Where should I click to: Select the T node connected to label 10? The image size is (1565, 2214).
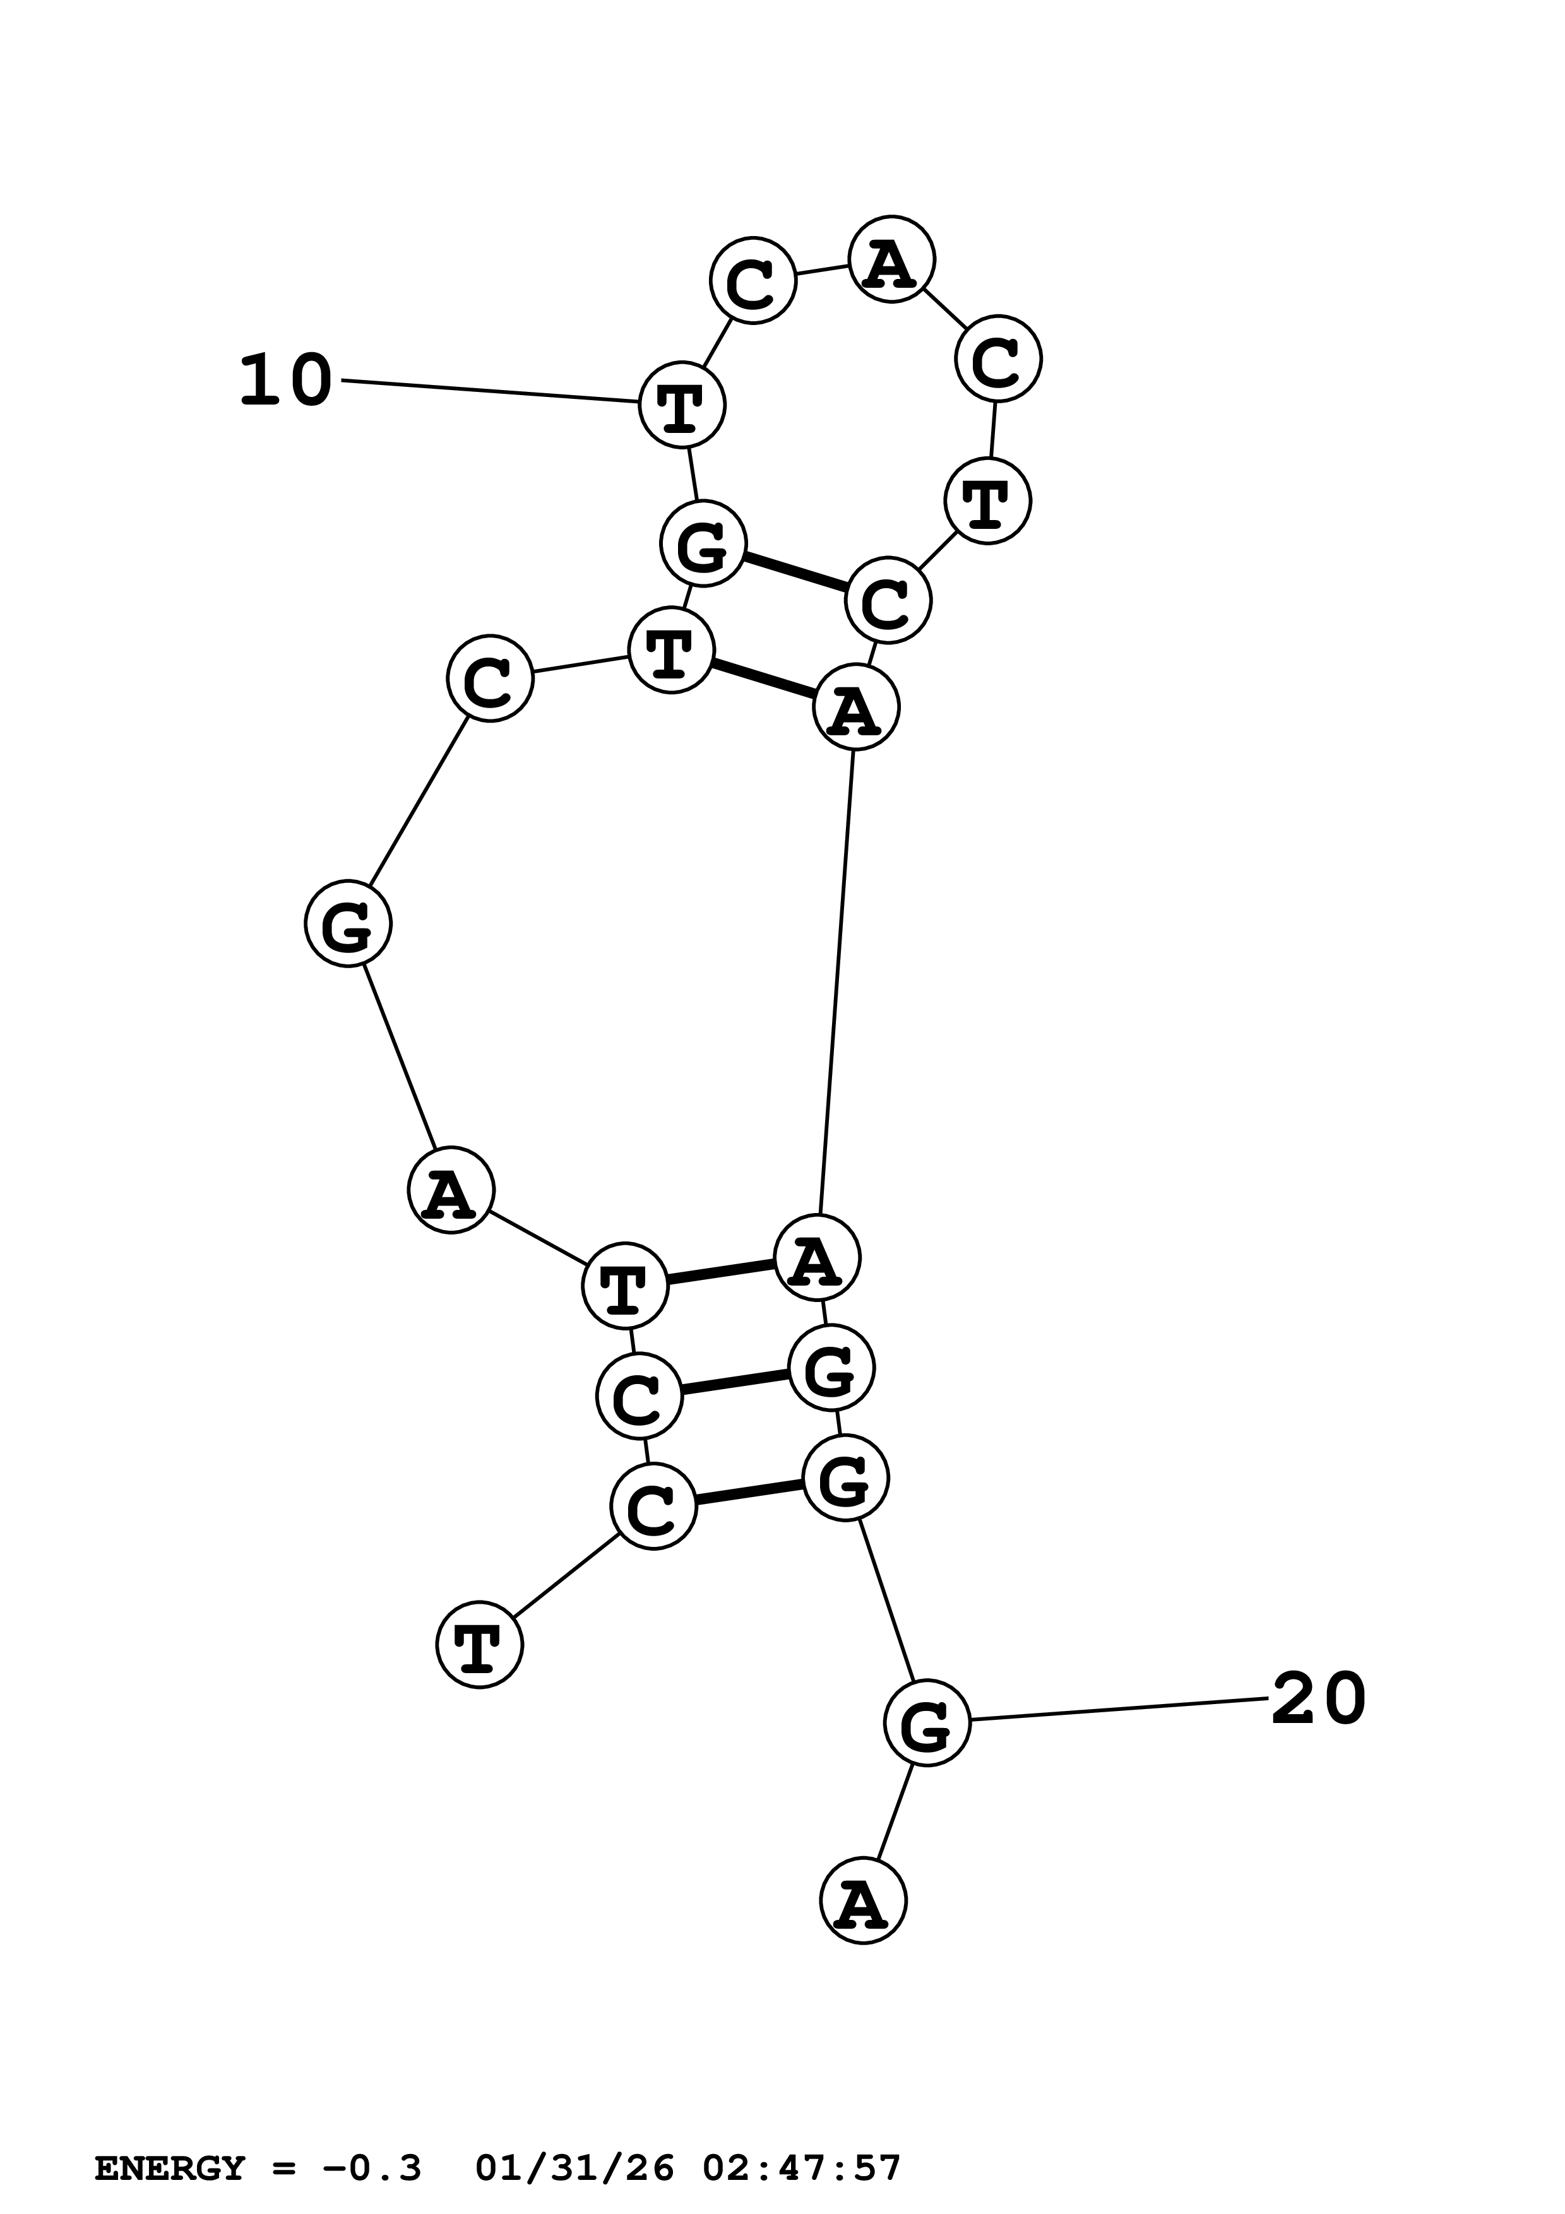(682, 405)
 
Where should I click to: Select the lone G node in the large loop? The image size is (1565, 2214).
(348, 924)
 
